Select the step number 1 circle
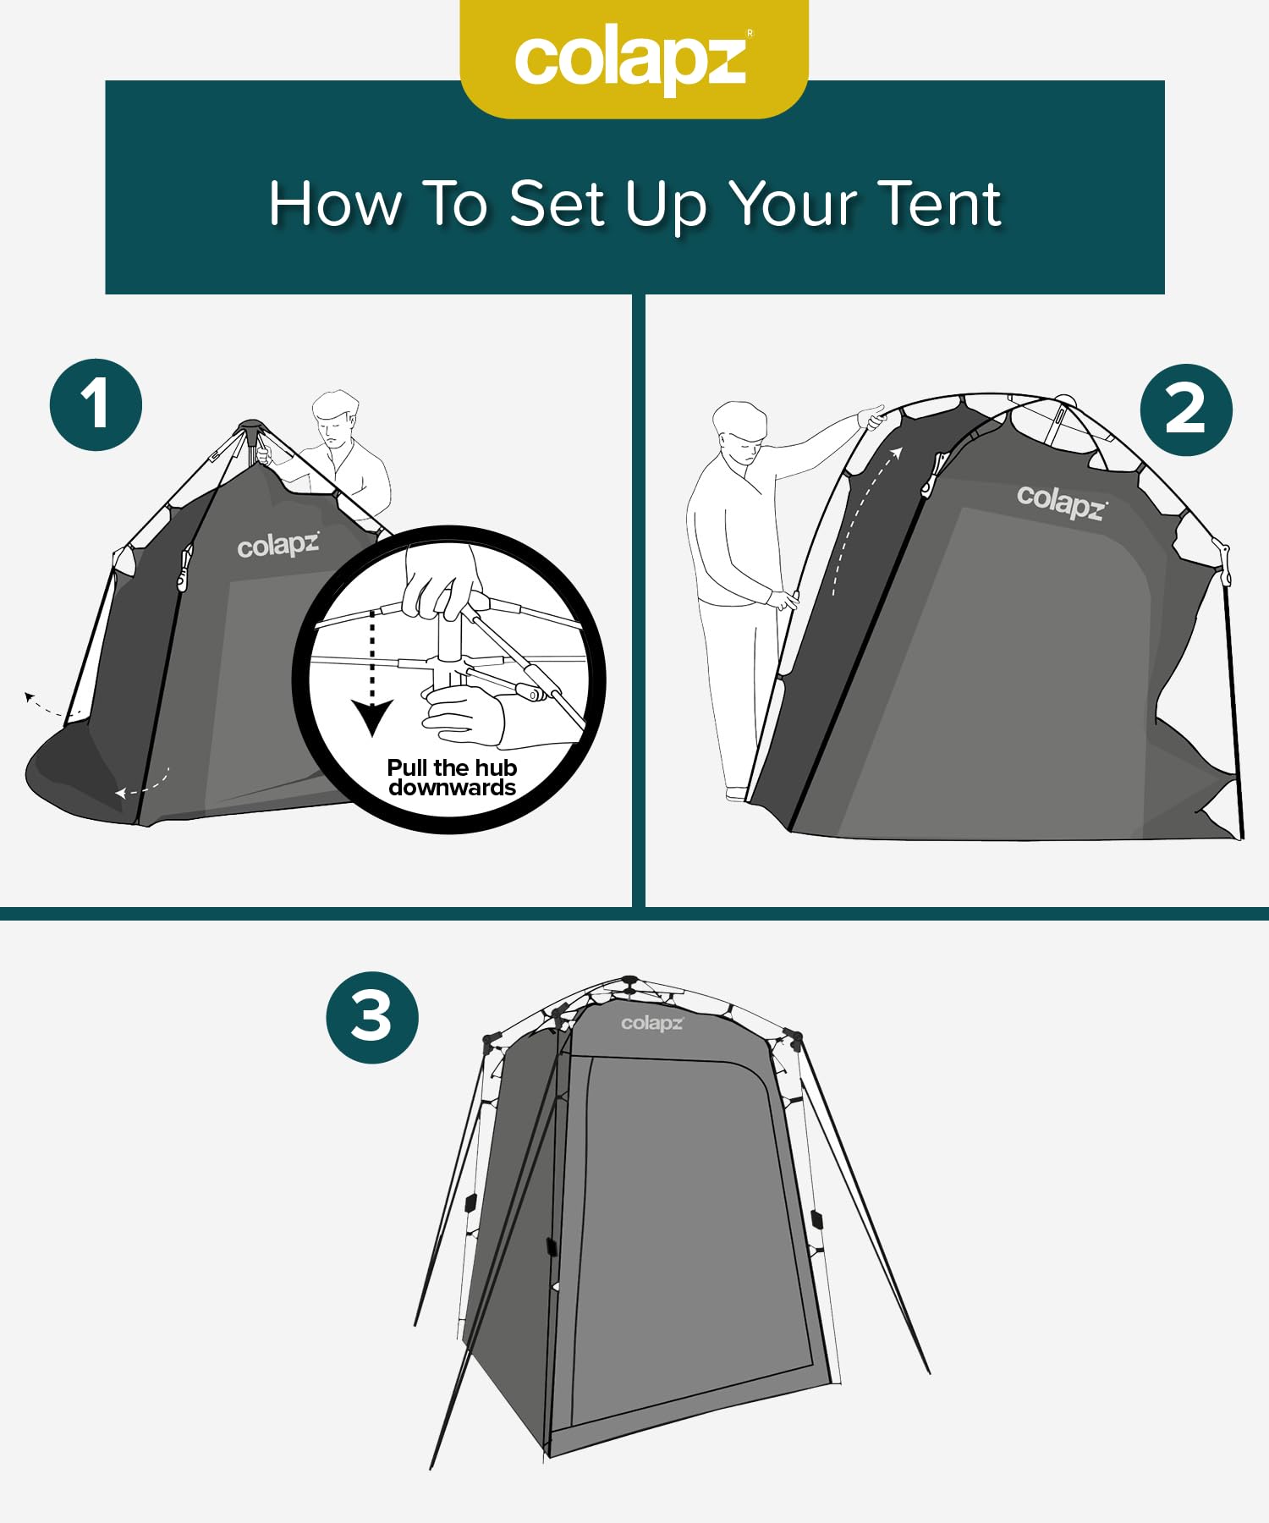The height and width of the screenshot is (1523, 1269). pyautogui.click(x=96, y=404)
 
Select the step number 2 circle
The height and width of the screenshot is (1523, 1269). pyautogui.click(x=1185, y=410)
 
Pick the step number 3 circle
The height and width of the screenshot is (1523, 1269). pyautogui.click(x=372, y=1017)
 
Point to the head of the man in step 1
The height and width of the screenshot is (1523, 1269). pyautogui.click(x=336, y=421)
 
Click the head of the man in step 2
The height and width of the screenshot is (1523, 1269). pyautogui.click(x=739, y=431)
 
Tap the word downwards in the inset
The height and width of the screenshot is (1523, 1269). pyautogui.click(x=452, y=788)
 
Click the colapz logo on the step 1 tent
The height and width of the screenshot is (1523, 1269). pyautogui.click(x=277, y=546)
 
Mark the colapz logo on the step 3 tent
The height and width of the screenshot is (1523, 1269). pyautogui.click(x=651, y=1023)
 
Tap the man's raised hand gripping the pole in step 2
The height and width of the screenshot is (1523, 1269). pyautogui.click(x=872, y=417)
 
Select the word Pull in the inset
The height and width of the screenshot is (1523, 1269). pyautogui.click(x=408, y=767)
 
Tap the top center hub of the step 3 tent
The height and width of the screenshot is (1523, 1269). pyautogui.click(x=629, y=981)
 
